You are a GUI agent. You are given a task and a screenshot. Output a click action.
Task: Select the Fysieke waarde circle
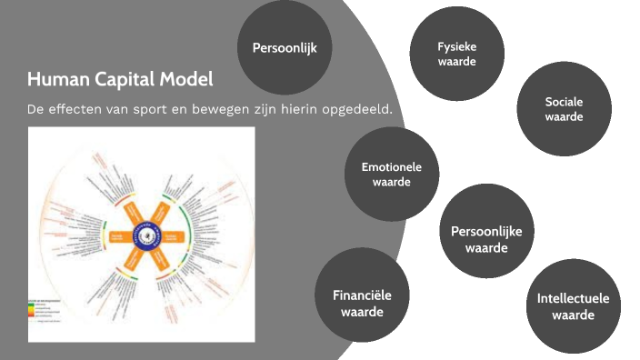point(456,54)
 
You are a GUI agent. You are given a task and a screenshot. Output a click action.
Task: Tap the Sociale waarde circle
point(564,108)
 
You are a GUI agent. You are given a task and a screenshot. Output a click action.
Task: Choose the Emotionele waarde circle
point(392,175)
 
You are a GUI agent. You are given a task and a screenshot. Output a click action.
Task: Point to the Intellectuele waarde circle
point(573,306)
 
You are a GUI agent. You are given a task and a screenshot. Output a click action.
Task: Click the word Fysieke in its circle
point(456,45)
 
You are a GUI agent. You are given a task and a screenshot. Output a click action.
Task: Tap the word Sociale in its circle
point(564,101)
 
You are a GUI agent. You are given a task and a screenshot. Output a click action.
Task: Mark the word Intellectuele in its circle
point(573,298)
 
